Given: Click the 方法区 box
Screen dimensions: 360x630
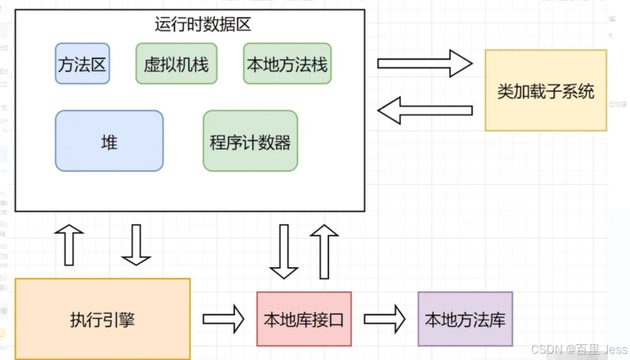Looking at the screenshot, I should (x=82, y=64).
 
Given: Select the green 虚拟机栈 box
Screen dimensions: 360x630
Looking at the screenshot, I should (x=176, y=64).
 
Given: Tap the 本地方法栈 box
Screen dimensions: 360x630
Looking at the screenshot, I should (x=286, y=64).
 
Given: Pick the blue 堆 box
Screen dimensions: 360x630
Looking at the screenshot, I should (x=109, y=141).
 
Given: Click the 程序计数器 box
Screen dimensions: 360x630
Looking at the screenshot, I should (x=250, y=141).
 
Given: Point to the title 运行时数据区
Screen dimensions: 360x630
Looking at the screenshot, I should (x=202, y=25).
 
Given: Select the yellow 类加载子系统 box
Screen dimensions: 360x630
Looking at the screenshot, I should (x=545, y=90).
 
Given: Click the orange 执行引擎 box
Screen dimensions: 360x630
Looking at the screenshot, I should (x=102, y=319).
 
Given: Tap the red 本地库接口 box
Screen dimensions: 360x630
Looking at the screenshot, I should (x=304, y=319).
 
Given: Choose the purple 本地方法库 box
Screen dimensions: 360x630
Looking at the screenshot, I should (x=465, y=319).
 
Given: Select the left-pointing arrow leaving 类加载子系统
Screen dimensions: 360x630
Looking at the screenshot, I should (x=426, y=110).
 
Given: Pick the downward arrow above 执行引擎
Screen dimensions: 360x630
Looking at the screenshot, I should (x=135, y=245).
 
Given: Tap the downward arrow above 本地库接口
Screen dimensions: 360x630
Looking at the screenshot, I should (x=283, y=251).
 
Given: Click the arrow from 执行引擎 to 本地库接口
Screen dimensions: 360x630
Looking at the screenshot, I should (x=223, y=319).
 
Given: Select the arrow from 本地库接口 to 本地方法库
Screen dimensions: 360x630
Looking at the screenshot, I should (x=385, y=319).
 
